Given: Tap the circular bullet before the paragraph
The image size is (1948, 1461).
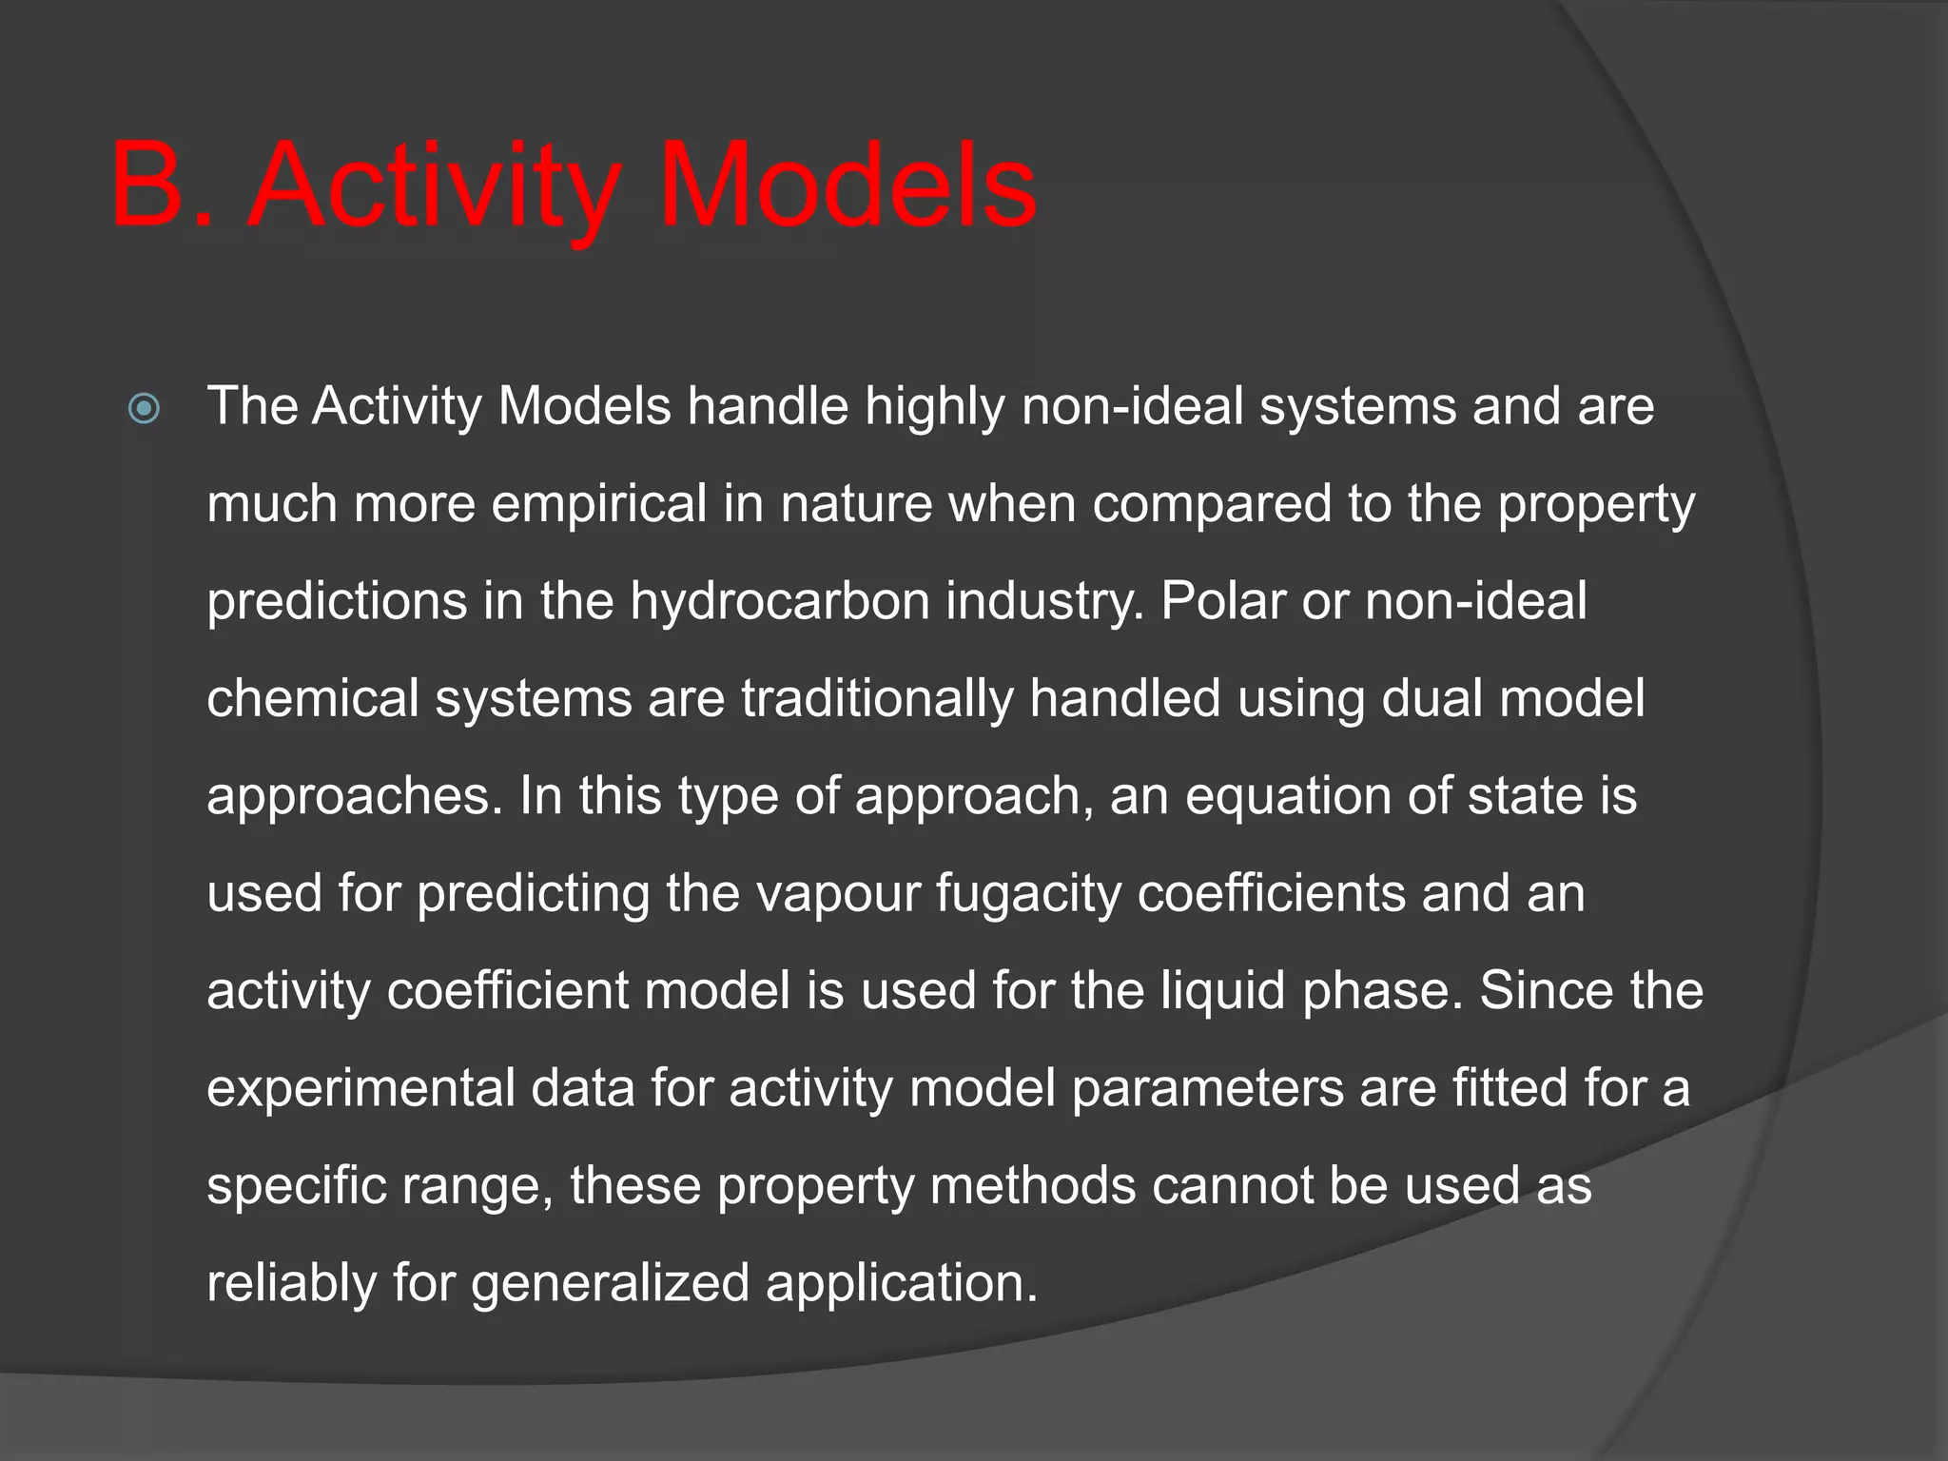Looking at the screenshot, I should point(144,410).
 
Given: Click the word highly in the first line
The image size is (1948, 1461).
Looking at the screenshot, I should point(934,408).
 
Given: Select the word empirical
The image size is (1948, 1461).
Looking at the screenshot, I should point(599,504).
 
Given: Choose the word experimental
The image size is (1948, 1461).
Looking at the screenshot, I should point(361,1089).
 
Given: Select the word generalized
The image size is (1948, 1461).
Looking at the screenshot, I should point(610,1284).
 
